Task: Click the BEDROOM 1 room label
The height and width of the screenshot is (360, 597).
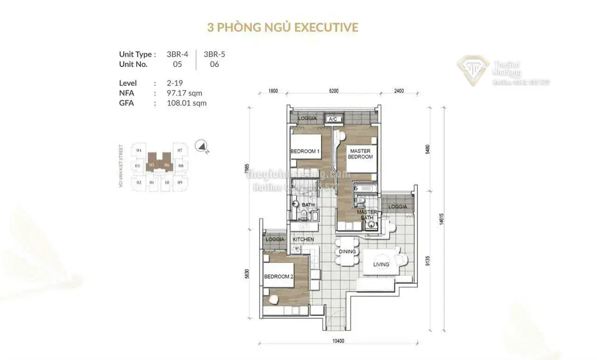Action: [305, 152]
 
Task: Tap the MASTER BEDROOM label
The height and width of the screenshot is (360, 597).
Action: [360, 154]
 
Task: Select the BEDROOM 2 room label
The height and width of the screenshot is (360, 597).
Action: [278, 277]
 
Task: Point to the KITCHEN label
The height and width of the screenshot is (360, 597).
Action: [303, 240]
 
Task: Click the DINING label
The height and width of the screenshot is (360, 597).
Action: [347, 252]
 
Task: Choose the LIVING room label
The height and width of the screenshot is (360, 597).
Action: [381, 265]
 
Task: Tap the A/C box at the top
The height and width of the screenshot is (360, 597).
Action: [333, 119]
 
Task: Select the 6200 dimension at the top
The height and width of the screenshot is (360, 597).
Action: [333, 91]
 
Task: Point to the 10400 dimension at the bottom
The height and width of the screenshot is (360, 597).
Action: [338, 341]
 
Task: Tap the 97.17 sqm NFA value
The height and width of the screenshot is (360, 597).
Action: [184, 93]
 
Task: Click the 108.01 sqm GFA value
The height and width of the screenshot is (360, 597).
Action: [186, 103]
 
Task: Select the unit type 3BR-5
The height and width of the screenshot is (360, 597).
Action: [215, 54]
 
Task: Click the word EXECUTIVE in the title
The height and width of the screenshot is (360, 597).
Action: [326, 27]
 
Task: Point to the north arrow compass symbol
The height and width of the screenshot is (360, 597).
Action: [202, 146]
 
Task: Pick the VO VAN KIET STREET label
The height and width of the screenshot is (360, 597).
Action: [121, 166]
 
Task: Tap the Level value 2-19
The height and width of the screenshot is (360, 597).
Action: [174, 83]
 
